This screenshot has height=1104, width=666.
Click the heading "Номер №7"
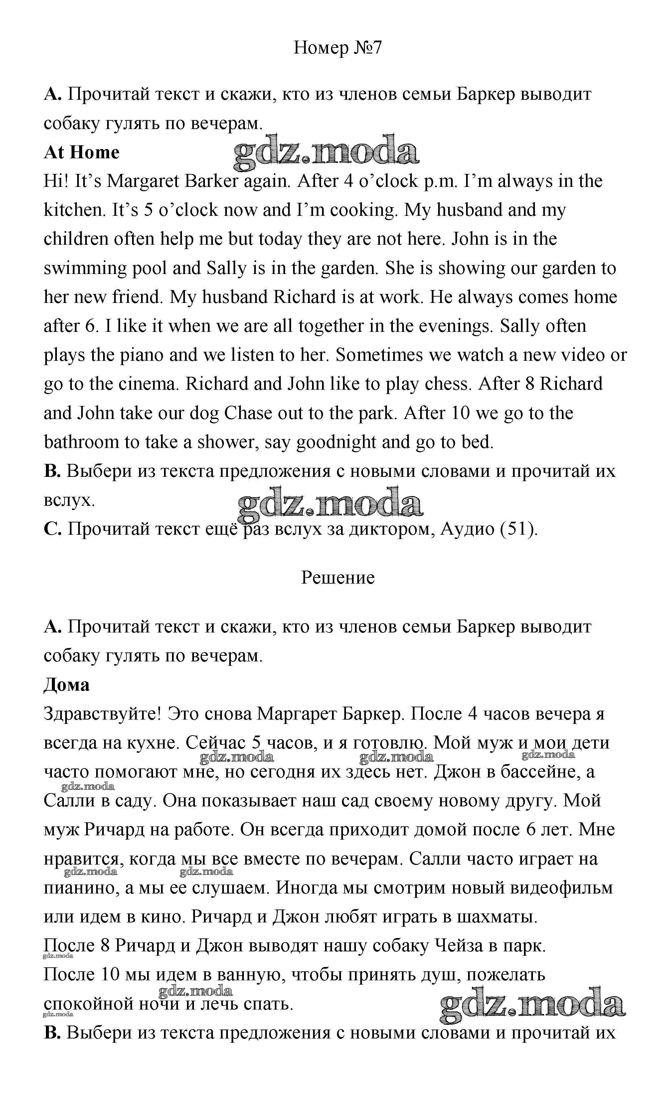[337, 48]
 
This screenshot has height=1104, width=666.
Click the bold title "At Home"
[82, 152]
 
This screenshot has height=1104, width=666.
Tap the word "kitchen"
[74, 210]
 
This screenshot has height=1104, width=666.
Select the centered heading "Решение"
[337, 578]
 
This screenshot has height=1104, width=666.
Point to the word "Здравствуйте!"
[102, 714]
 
